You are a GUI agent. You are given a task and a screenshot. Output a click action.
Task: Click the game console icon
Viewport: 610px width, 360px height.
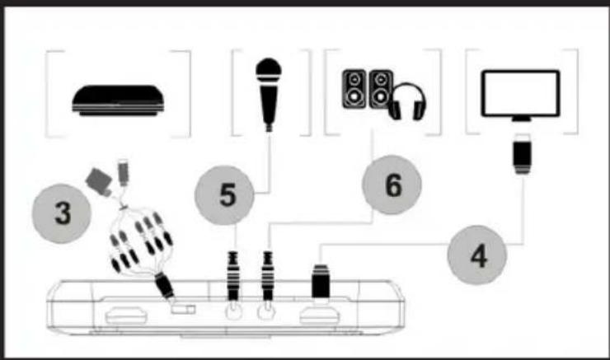(x=118, y=99)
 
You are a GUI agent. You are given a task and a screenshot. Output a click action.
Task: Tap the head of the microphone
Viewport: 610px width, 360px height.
(x=267, y=71)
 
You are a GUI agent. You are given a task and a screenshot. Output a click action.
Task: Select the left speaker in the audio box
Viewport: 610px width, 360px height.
(x=353, y=90)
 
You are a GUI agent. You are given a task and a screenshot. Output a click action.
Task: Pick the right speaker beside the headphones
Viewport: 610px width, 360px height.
(x=380, y=90)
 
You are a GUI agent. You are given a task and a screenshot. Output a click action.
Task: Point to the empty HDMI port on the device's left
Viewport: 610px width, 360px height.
(x=124, y=315)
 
